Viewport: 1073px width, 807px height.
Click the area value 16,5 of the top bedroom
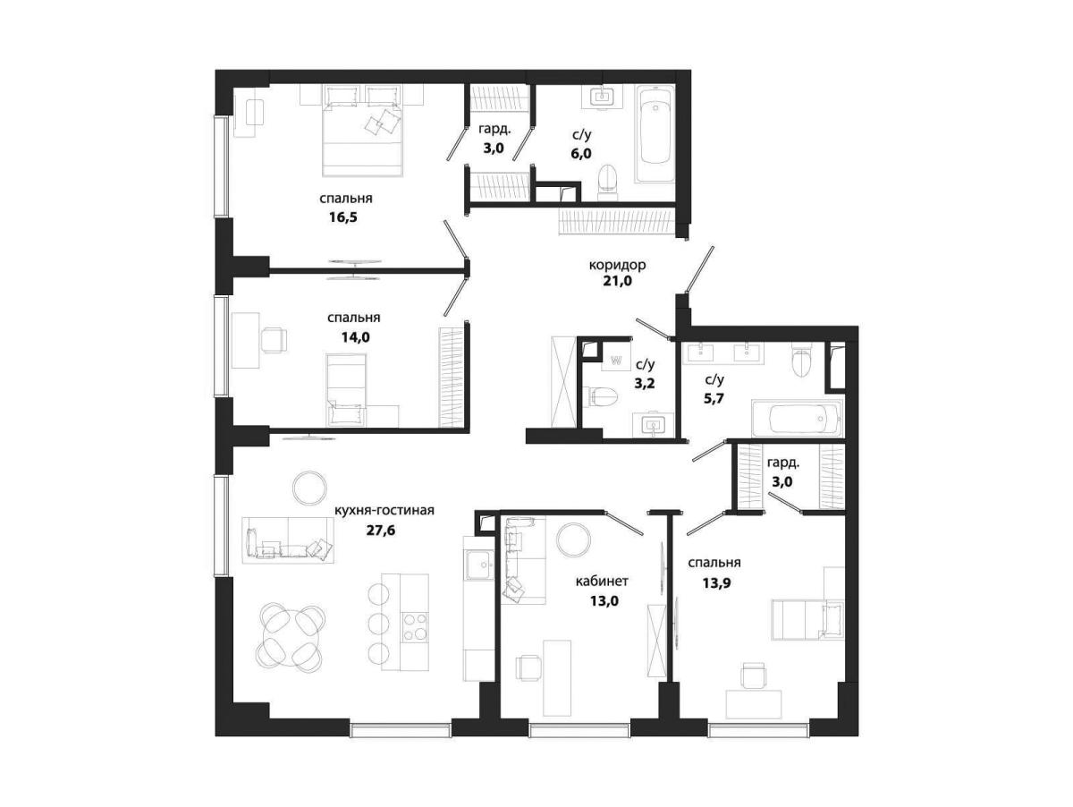point(343,217)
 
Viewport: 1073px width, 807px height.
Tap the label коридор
point(617,265)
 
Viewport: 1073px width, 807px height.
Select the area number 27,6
point(381,531)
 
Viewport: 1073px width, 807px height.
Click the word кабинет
point(602,581)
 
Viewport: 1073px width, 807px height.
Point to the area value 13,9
point(716,583)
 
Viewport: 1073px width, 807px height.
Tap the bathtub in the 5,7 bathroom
point(797,419)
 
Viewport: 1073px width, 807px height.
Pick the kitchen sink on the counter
point(480,565)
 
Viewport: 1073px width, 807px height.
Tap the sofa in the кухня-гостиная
point(288,540)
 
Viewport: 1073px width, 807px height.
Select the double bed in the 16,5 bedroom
point(362,132)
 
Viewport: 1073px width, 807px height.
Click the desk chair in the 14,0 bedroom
point(274,340)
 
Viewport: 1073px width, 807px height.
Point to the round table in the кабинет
point(573,539)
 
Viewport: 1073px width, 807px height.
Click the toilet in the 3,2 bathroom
point(603,395)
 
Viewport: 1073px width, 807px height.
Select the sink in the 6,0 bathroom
point(602,97)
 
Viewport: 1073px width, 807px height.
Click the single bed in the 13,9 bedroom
point(807,620)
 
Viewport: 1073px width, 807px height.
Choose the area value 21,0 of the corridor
point(617,281)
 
